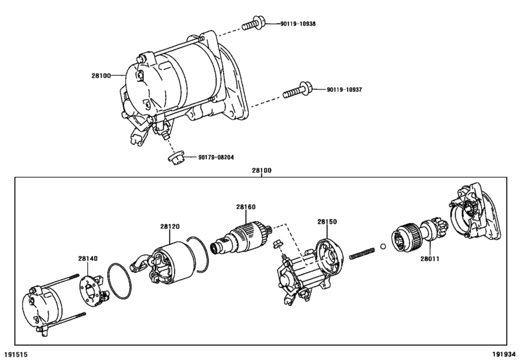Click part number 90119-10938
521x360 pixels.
pos(298,24)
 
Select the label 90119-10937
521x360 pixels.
pos(344,90)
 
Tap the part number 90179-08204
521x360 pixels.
pos(216,157)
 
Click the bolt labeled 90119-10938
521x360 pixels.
pos(253,23)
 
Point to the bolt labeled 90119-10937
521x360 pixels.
pos(297,90)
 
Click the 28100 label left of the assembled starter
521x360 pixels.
pos(101,76)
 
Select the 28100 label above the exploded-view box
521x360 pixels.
pos(261,170)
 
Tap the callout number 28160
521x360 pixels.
pos(246,207)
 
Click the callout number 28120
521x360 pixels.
pos(170,227)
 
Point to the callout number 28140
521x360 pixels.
pos(88,258)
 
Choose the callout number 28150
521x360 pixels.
pos(327,222)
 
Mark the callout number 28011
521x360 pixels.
pos(430,258)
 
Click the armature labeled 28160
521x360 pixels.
pos(242,238)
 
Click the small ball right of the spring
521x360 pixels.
pos(383,246)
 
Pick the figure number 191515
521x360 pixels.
pos(15,355)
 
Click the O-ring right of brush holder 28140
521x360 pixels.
pos(119,281)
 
